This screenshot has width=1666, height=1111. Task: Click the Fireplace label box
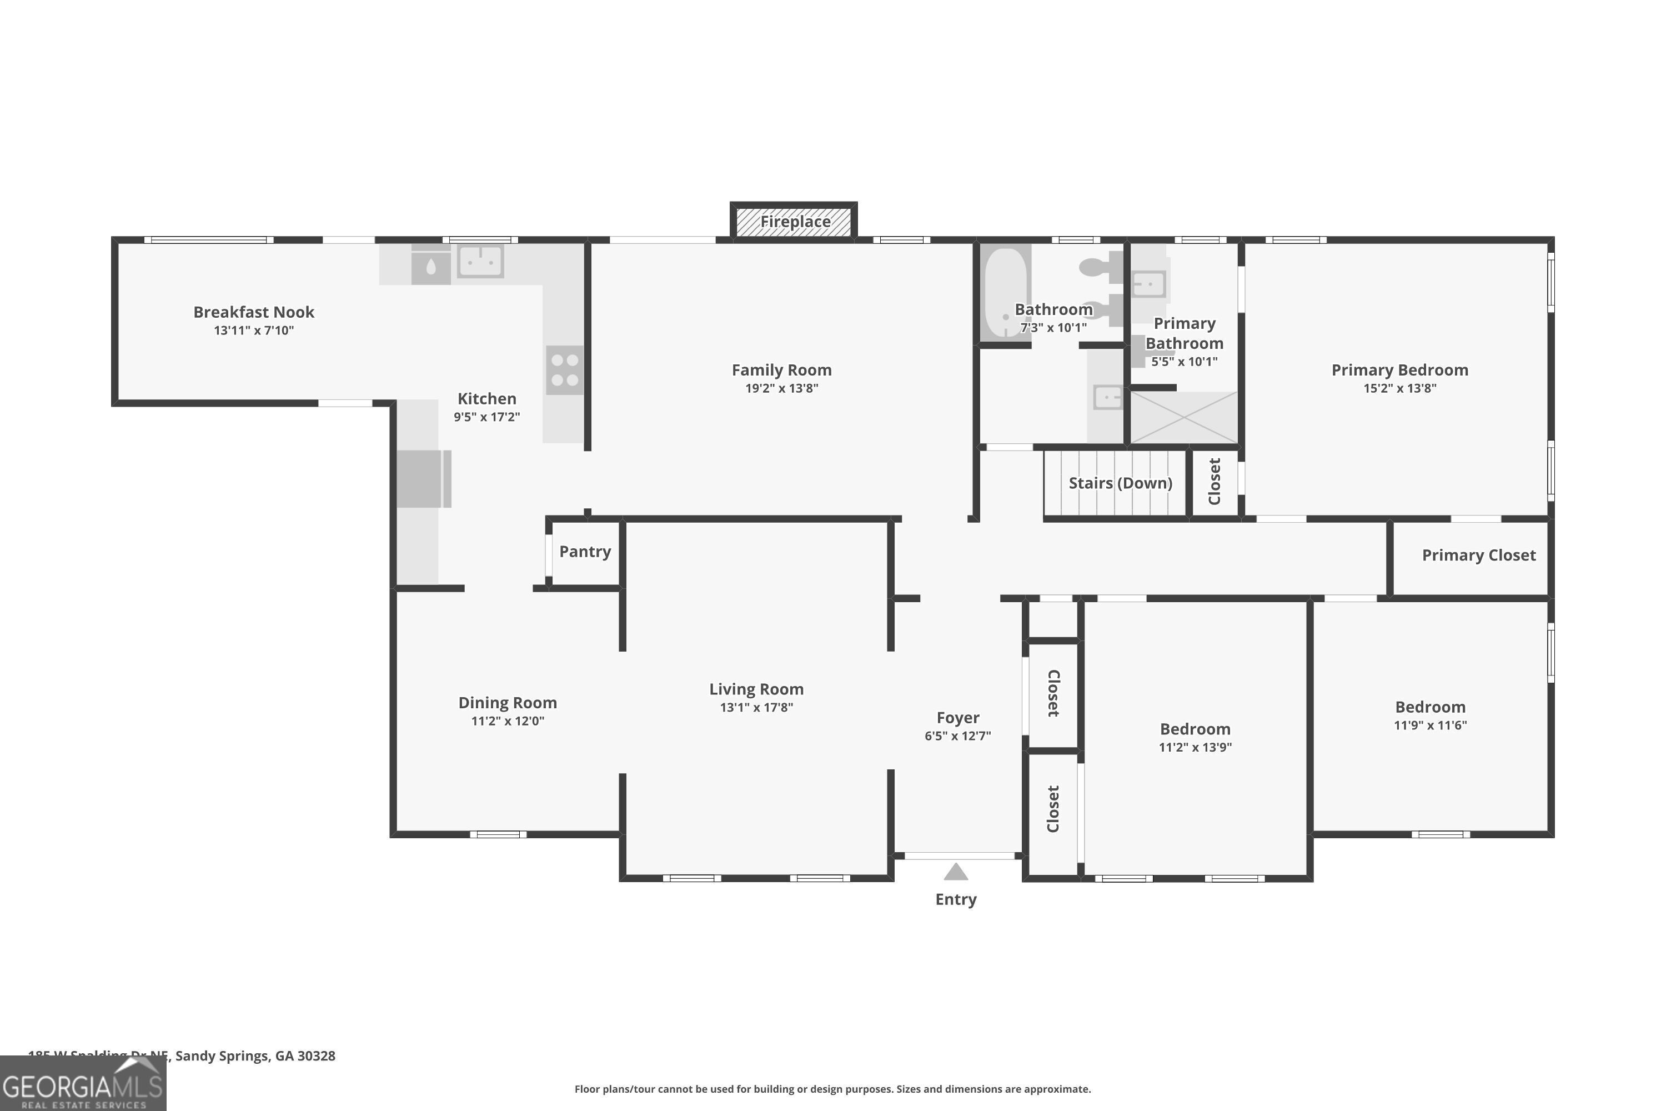point(794,222)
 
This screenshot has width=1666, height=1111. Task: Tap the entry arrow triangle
point(956,872)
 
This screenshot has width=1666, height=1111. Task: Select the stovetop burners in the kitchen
point(565,370)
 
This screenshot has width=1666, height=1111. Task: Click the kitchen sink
point(480,262)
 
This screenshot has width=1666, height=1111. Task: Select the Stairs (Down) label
point(1120,483)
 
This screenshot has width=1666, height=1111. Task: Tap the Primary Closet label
point(1478,555)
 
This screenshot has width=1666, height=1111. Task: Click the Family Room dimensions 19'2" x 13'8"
point(781,388)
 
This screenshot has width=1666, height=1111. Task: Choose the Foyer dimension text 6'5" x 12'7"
point(957,736)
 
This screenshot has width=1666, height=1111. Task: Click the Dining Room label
point(507,703)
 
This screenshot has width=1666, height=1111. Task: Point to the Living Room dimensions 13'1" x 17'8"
point(756,707)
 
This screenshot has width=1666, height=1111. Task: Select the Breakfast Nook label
point(254,312)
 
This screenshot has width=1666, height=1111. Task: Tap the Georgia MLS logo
point(83,1084)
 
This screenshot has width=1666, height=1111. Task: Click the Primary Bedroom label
point(1399,370)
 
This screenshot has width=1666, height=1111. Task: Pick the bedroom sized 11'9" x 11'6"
point(1429,715)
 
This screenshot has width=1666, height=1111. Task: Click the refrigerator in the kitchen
point(423,479)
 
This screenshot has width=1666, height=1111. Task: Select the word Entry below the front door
point(956,899)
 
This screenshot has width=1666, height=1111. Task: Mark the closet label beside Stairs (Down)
point(1214,482)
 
